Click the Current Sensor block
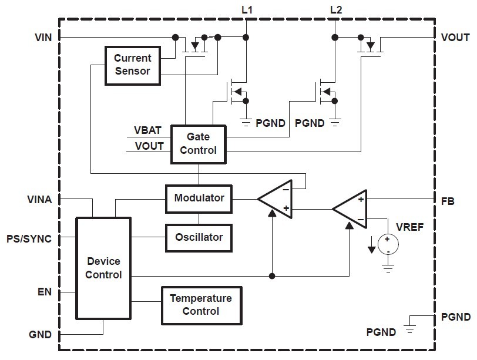132,65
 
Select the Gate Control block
198,143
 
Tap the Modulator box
199,198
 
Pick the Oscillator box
199,237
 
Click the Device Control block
104,268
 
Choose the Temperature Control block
201,305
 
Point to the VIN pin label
43,38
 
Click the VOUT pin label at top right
455,38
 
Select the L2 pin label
336,9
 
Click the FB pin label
448,200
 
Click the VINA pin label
39,200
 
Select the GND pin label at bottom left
40,335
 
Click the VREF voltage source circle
388,244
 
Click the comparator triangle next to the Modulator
276,198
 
